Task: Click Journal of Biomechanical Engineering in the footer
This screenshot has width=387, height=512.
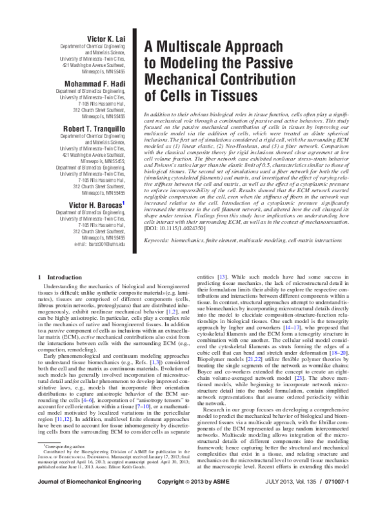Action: pos(81,500)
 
